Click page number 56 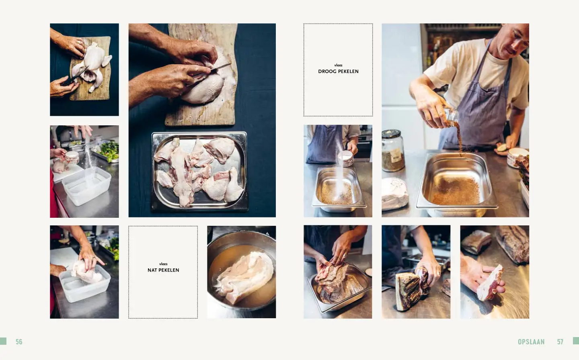(x=19, y=342)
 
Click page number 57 (x=560, y=342)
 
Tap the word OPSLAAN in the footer (x=531, y=342)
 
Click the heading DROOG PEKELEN (x=338, y=72)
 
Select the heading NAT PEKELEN (x=163, y=270)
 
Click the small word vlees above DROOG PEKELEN (x=338, y=65)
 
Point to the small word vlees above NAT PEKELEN (x=163, y=264)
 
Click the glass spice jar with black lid (x=392, y=151)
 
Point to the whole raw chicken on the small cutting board (x=92, y=66)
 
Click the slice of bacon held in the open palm (x=489, y=282)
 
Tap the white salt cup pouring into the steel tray (x=345, y=158)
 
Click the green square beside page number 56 (x=3, y=341)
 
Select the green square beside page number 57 (x=576, y=341)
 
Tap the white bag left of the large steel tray (x=394, y=194)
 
